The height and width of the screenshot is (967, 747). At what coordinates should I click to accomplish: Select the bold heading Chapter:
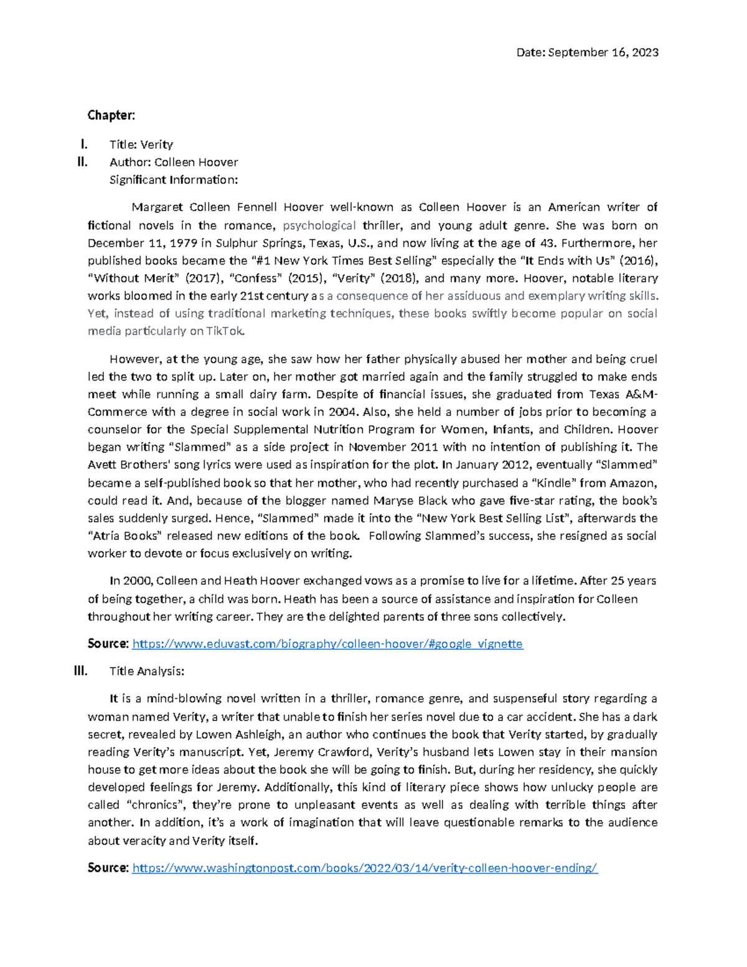111,115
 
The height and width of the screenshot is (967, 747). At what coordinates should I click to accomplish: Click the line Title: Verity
141,144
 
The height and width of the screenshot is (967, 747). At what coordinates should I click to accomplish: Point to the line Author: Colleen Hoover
174,162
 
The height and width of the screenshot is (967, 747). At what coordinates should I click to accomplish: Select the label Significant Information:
174,180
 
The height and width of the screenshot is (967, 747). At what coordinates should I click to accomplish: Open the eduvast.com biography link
327,644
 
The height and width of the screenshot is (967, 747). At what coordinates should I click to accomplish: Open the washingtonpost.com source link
365,868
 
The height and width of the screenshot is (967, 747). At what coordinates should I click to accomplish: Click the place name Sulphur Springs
250,243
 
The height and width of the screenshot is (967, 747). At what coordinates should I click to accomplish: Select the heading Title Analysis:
147,671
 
